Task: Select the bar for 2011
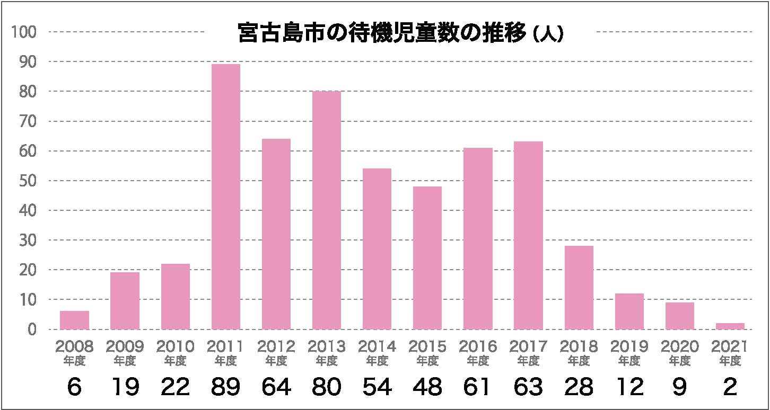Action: [x=226, y=197]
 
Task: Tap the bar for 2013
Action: [x=327, y=210]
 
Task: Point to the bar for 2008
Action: [x=74, y=320]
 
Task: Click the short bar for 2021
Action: [x=730, y=326]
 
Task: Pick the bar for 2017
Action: [x=528, y=235]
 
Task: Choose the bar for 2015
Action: [x=427, y=257]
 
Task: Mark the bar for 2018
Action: [x=579, y=287]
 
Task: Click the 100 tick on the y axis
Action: [x=23, y=32]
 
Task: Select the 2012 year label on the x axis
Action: [x=276, y=347]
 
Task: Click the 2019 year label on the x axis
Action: [x=629, y=347]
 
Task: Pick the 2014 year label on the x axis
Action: [x=377, y=347]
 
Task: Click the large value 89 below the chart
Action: [x=226, y=388]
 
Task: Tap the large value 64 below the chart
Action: [x=276, y=388]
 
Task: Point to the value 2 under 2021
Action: [x=730, y=388]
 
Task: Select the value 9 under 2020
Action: [x=680, y=388]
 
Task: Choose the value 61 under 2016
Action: [x=478, y=388]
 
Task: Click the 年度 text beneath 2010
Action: [x=176, y=361]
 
